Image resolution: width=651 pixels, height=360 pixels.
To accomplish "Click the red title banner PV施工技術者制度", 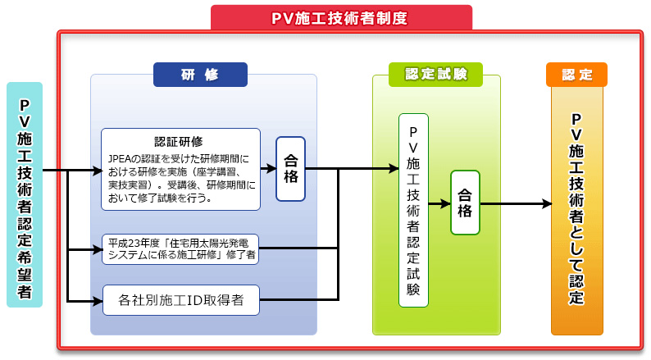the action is (x=341, y=17).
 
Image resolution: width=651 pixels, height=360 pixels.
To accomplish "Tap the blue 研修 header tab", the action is (x=200, y=75).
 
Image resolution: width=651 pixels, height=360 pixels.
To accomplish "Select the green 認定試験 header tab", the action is (x=435, y=75).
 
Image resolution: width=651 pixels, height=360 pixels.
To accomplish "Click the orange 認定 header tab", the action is (x=576, y=75).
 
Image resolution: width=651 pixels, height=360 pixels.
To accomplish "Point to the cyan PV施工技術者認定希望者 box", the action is (x=25, y=194).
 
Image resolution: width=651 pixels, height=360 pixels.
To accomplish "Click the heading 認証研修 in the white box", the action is (x=179, y=142).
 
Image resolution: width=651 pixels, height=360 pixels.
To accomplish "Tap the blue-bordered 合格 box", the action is (x=290, y=169).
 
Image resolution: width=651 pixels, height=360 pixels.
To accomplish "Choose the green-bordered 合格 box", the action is (x=465, y=203).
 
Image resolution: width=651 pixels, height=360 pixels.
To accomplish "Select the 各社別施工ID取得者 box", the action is (x=181, y=300).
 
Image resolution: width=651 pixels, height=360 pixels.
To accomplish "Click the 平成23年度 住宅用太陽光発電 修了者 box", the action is (x=180, y=249).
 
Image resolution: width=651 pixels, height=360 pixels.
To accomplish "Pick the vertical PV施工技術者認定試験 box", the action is (x=413, y=211).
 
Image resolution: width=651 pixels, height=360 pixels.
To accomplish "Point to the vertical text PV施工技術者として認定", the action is (x=576, y=209).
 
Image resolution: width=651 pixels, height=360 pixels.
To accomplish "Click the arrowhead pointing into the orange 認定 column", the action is (x=547, y=203).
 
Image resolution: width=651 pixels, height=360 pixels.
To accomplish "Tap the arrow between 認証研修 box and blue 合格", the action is (x=269, y=168).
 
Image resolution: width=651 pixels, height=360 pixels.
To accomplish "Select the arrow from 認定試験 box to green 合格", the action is (x=439, y=203).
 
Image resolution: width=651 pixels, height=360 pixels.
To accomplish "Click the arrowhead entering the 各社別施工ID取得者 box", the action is (x=98, y=301).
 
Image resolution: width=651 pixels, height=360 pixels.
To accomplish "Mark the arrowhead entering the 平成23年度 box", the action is (x=98, y=249).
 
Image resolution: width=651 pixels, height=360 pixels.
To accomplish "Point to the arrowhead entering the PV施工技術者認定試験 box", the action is (x=394, y=168).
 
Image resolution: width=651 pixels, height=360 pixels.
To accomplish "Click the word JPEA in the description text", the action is (x=120, y=159).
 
